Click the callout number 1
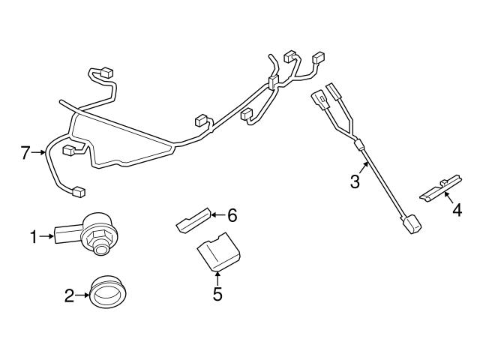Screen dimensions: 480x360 tap(34, 237)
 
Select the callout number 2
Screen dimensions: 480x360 tap(69, 295)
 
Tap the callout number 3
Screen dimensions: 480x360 tap(355, 181)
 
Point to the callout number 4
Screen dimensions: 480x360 tap(457, 210)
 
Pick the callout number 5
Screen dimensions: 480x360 tap(217, 294)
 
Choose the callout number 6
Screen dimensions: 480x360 tap(232, 215)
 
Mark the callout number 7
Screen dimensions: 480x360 tap(26, 152)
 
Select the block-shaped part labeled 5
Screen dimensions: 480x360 tap(218, 252)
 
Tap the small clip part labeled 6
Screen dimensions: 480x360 tap(193, 220)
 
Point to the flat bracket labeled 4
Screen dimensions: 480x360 tap(441, 188)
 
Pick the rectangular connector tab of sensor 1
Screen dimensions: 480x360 tap(68, 234)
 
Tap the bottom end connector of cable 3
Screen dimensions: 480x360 tap(410, 224)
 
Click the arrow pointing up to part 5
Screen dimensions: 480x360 tap(217, 278)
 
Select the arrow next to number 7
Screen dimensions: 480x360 tap(38, 152)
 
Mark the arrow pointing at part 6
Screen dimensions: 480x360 tap(218, 215)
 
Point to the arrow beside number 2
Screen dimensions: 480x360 tap(82, 295)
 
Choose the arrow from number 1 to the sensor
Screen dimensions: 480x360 tap(46, 236)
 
